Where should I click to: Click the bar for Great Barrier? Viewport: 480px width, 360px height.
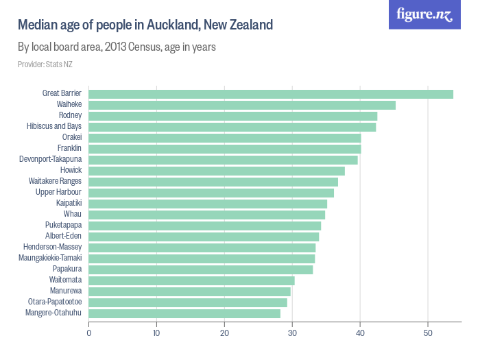tap(271, 94)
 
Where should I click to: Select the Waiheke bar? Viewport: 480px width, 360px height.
tap(242, 105)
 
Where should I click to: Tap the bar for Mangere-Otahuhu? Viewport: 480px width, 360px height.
tap(184, 313)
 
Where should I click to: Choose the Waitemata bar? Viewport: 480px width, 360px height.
tap(191, 280)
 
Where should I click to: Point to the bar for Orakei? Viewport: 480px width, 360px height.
tap(225, 138)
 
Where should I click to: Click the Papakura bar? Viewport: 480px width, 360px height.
tap(201, 269)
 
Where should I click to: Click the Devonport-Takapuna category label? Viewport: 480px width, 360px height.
tap(50, 160)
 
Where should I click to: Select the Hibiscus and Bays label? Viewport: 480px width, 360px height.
tap(54, 127)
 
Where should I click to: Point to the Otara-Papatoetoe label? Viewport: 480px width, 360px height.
tap(55, 302)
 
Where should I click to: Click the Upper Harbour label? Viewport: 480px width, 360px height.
tap(58, 193)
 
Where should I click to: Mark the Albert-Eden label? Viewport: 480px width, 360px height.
tap(63, 237)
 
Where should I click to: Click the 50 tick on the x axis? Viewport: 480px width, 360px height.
tap(428, 333)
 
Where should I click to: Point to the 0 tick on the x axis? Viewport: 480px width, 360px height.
tap(89, 333)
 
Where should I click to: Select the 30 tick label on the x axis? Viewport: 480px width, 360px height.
tap(292, 333)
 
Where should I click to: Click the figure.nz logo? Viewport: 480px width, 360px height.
tap(424, 14)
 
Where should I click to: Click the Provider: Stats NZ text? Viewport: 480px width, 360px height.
tap(45, 64)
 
